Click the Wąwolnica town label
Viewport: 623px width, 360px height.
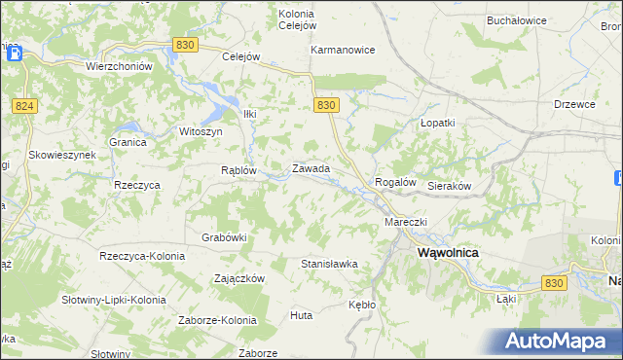coord(449,251)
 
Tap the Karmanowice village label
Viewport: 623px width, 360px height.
coord(343,50)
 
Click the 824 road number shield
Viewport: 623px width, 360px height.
coord(25,105)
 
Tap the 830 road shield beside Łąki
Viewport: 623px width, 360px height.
coord(554,282)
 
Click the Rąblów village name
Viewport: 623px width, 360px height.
coord(238,169)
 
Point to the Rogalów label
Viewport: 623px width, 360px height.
coord(396,182)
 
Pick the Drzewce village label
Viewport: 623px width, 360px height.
coord(574,104)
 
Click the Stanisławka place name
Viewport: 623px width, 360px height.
coord(330,264)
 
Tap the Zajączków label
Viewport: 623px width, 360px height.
coord(239,277)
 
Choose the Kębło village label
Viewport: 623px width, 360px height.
coord(362,305)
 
